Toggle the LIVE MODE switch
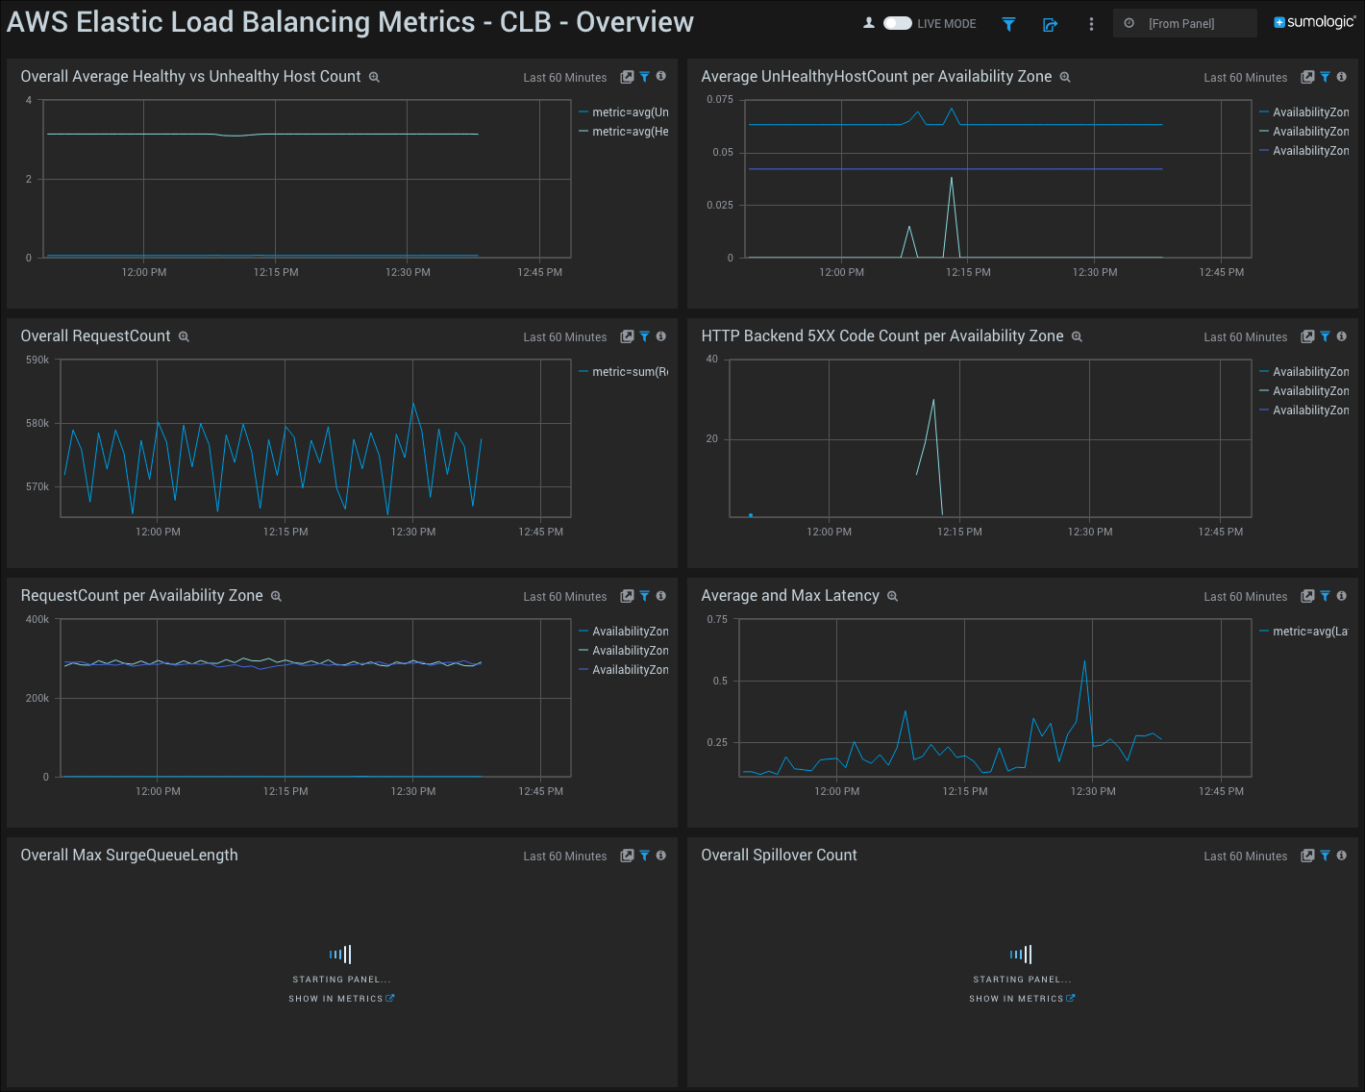pos(897,23)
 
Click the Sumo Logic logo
pos(1314,22)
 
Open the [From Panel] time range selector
pos(1184,23)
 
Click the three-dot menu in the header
pos(1091,24)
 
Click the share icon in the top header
pos(1050,24)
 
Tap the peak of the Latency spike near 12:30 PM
pos(1084,661)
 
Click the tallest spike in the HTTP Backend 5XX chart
pos(933,400)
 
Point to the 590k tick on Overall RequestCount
pos(37,360)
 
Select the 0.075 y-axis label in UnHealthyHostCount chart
pos(719,99)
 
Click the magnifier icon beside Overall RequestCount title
pos(184,336)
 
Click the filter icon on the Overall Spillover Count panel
pos(1325,856)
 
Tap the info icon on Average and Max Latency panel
pos(1341,596)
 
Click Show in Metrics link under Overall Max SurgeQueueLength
pos(341,999)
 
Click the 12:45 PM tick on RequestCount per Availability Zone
pos(540,791)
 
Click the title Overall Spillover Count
pos(779,856)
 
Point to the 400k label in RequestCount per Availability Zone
pos(37,619)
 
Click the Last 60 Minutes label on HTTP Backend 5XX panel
pos(1245,337)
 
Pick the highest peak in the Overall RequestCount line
pos(413,404)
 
